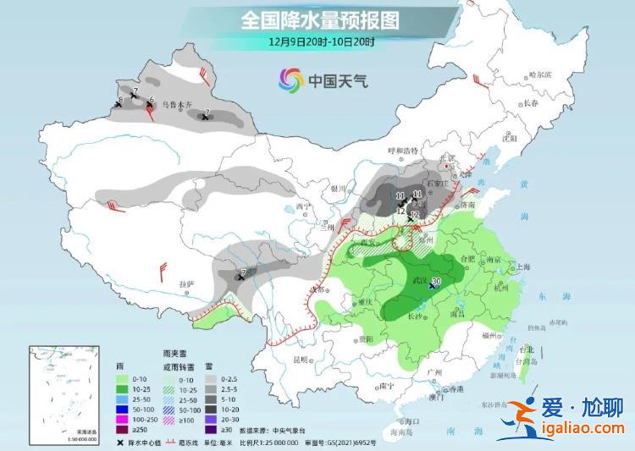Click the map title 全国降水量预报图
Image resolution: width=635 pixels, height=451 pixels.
coord(319,19)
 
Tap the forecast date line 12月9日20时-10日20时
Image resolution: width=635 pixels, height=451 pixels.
coord(319,40)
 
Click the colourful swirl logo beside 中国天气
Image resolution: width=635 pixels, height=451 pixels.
coord(290,80)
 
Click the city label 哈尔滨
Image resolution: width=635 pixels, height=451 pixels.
coord(539,74)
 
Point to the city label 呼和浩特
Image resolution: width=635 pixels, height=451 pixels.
coord(403,151)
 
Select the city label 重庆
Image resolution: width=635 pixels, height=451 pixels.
coord(366,302)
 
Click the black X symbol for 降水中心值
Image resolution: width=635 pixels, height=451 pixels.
coord(121,442)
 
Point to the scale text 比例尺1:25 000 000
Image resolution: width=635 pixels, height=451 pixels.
coord(287,442)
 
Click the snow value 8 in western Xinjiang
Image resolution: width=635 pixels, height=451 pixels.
coord(120,101)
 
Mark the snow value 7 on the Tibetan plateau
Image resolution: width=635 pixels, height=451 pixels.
coord(243,272)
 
